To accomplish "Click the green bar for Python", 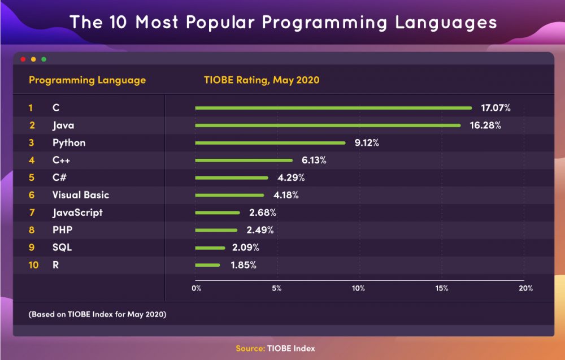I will click(x=270, y=143).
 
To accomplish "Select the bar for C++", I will click(x=244, y=161).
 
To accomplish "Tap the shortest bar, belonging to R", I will click(x=207, y=265).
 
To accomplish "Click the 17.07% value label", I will click(x=496, y=108).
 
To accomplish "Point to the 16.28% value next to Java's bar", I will click(x=485, y=125).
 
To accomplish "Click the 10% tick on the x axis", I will click(x=358, y=288).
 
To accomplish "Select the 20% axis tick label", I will click(x=525, y=288).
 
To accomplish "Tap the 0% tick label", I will click(x=196, y=288).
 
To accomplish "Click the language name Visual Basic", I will click(x=81, y=195).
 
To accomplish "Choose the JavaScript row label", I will click(x=77, y=213).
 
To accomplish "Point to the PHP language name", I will click(x=62, y=230).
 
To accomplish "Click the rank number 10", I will click(x=33, y=265).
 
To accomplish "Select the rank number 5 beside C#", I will click(x=32, y=178).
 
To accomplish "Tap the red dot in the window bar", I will click(x=23, y=59).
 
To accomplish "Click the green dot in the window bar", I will click(x=44, y=59).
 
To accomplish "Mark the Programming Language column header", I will click(x=87, y=80).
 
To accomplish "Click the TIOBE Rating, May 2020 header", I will click(x=262, y=80).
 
